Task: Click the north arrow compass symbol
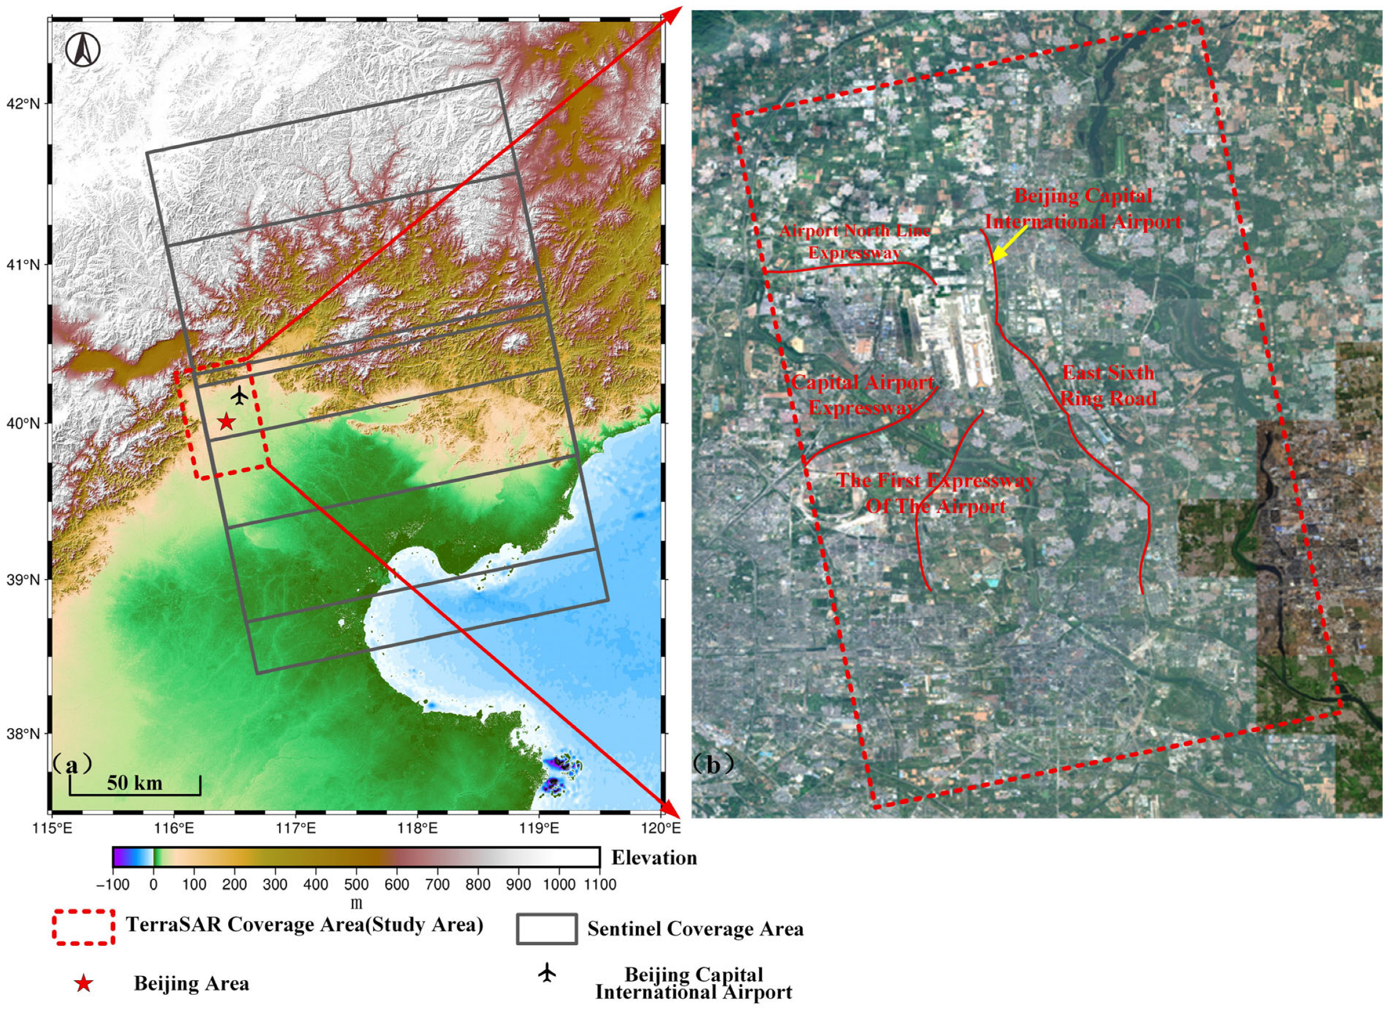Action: [x=83, y=49]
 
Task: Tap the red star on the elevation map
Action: [x=226, y=422]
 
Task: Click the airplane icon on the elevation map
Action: [x=240, y=395]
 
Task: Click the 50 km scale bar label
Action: [x=135, y=783]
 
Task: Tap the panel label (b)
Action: [x=713, y=765]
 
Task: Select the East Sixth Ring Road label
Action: [x=1108, y=385]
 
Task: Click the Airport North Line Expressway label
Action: [x=855, y=242]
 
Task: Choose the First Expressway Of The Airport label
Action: [x=936, y=493]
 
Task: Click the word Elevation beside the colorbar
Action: [x=654, y=857]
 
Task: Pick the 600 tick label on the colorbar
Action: [x=397, y=884]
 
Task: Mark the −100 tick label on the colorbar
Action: [x=113, y=884]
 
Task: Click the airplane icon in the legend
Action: [x=547, y=972]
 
